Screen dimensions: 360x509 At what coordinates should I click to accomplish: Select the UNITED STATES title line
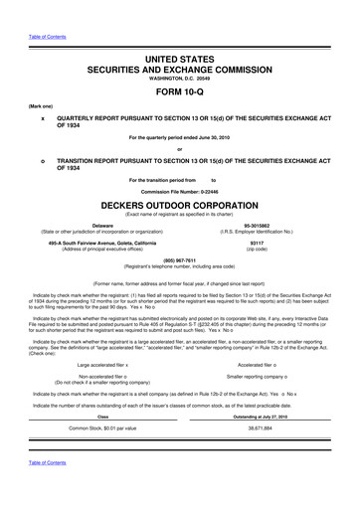[x=180, y=62]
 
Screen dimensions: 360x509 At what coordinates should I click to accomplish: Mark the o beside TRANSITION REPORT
[x=42, y=159]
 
